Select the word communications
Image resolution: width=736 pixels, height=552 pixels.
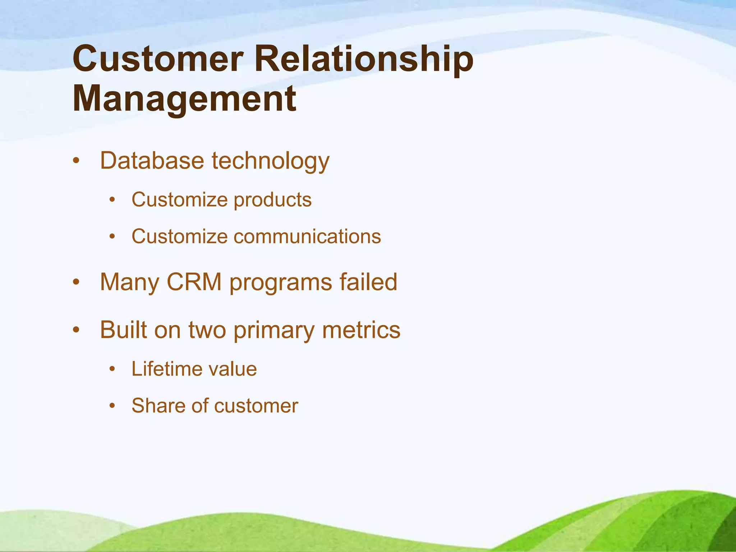pos(307,236)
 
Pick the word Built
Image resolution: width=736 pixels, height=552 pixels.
pos(123,330)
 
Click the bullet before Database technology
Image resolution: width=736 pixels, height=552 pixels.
pos(75,161)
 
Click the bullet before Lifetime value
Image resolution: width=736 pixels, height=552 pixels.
pos(112,369)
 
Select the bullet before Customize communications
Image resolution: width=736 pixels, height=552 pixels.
pos(112,236)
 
